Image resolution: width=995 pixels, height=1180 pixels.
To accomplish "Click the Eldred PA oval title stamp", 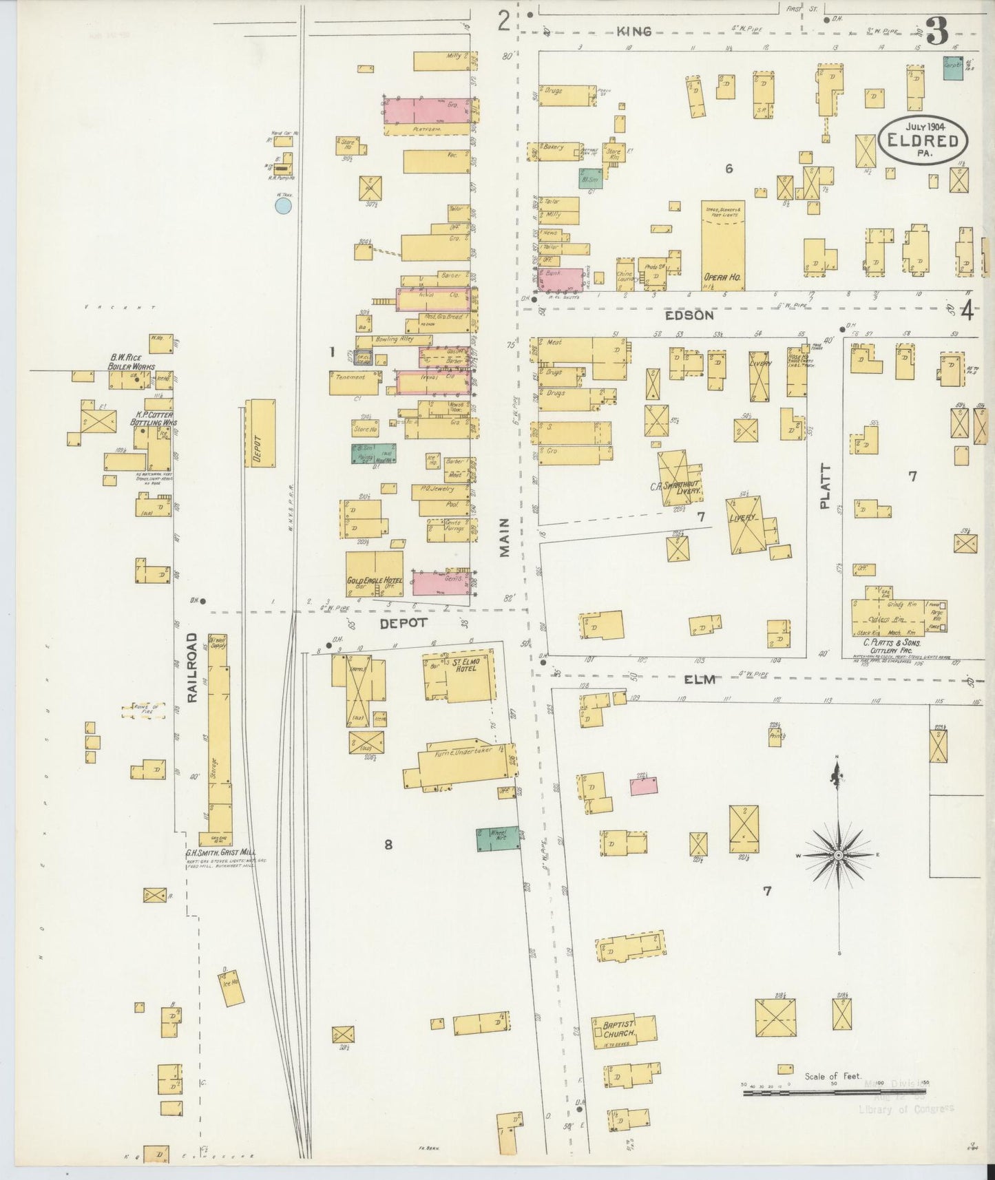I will (923, 140).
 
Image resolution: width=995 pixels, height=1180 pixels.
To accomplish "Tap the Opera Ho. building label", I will (722, 277).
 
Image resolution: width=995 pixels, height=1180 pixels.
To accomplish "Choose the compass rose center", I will (839, 854).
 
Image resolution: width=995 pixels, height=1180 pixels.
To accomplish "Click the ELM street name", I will (700, 679).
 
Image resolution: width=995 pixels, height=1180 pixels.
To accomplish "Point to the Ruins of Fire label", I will (143, 710).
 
